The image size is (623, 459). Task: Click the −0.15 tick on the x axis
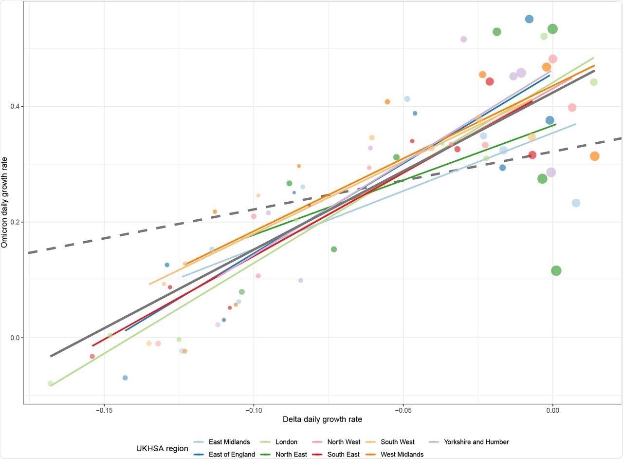[x=104, y=411]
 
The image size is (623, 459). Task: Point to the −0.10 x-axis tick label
[x=254, y=411]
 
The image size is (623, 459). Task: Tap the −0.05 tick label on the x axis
[x=403, y=411]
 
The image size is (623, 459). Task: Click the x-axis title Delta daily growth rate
[x=322, y=420]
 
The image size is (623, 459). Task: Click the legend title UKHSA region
[x=162, y=448]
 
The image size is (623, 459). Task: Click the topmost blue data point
[x=529, y=19]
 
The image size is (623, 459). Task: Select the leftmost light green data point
[x=50, y=383]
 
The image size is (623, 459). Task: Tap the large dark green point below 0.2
[x=556, y=270]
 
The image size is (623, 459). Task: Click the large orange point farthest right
[x=594, y=156]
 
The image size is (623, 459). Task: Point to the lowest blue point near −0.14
[x=125, y=378]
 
